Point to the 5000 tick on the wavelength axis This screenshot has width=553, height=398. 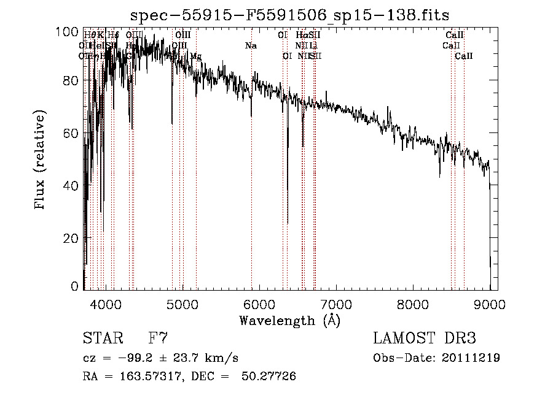(182, 304)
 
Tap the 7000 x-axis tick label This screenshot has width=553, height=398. (336, 304)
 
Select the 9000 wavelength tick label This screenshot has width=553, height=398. (490, 304)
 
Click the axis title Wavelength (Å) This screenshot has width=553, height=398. (289, 320)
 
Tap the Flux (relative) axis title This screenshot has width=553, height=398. (41, 159)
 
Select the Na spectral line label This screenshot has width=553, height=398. (251, 46)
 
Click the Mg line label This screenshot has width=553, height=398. (195, 56)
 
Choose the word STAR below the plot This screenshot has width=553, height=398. (103, 338)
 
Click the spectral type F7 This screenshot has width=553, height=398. (159, 338)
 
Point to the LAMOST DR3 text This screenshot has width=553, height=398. (425, 338)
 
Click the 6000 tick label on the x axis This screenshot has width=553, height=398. (259, 304)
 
